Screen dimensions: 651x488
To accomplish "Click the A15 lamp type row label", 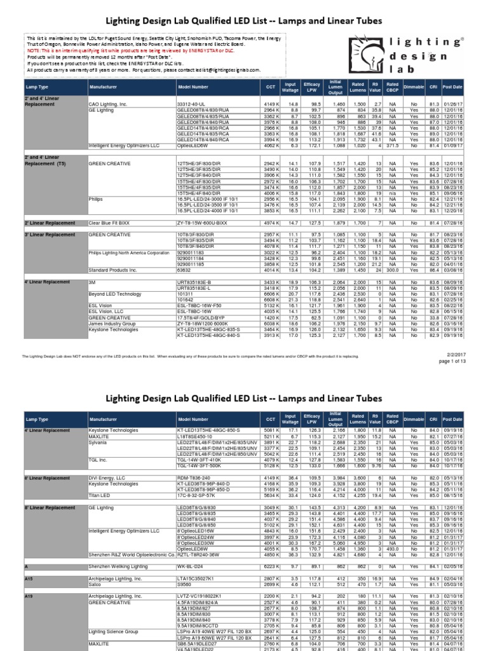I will pos(28,578).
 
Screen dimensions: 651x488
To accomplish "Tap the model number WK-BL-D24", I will pos(190,565).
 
